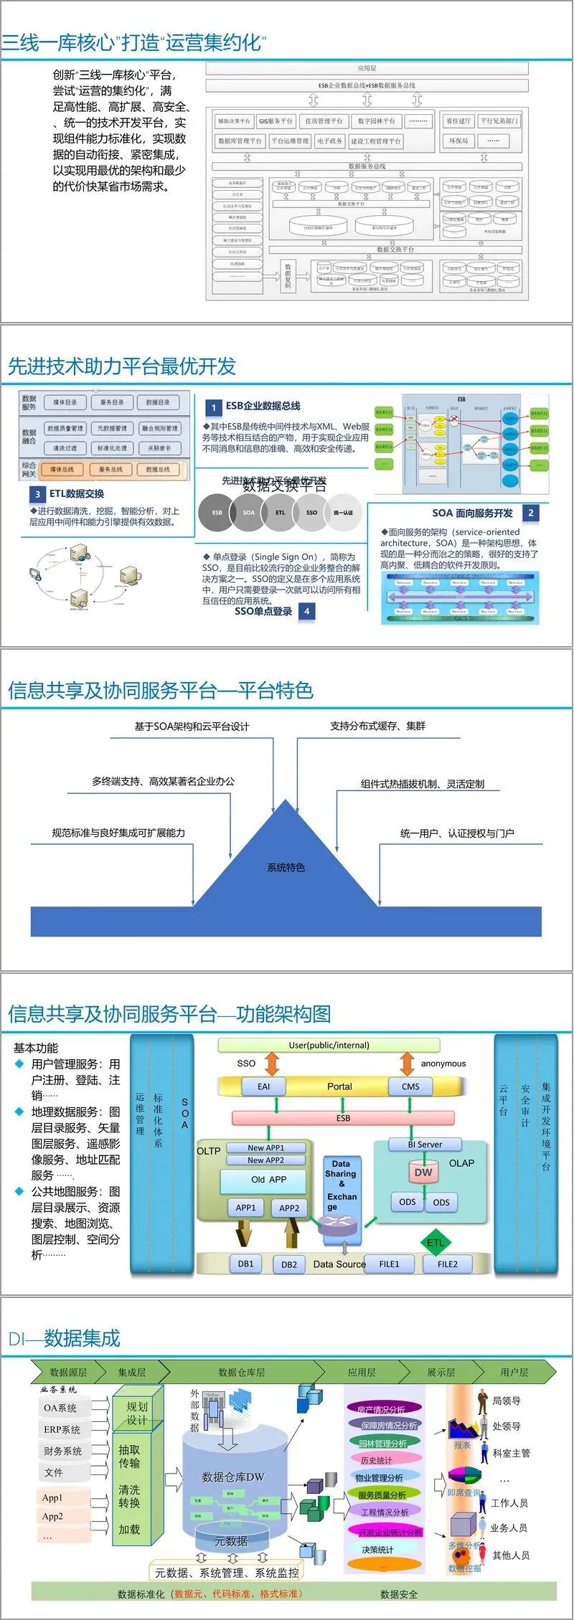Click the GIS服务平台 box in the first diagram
tap(276, 121)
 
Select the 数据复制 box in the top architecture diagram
tap(288, 275)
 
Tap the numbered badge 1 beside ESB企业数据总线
tap(213, 407)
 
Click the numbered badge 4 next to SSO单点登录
tap(306, 611)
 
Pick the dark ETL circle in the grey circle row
tap(280, 512)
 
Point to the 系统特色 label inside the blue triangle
tap(286, 867)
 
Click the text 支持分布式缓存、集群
tap(377, 726)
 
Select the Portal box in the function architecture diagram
tap(339, 1086)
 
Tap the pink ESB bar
tap(343, 1118)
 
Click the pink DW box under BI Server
tap(423, 1173)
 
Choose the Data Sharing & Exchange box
tap(342, 1185)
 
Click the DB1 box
tap(245, 1264)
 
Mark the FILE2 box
tap(447, 1264)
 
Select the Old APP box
tap(268, 1180)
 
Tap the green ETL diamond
tap(435, 1243)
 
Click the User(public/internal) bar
tap(329, 1046)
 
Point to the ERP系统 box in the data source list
tap(62, 1429)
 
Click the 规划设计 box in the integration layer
tap(136, 1413)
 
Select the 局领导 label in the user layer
tap(506, 1401)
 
